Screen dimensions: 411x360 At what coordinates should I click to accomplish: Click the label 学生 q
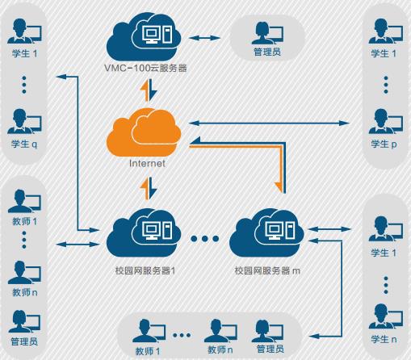(24, 144)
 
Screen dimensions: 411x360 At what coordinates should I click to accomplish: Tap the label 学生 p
(384, 144)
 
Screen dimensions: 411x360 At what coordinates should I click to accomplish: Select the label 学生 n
(384, 339)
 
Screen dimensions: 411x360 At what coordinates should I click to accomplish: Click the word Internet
(147, 163)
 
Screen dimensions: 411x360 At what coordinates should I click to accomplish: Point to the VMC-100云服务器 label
(145, 68)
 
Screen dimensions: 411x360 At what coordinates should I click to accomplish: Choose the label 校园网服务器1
(145, 270)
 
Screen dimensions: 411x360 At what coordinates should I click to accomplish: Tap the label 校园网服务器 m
(267, 270)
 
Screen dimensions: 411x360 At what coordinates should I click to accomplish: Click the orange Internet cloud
(144, 132)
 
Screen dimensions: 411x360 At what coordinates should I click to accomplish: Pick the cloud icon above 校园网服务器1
(144, 233)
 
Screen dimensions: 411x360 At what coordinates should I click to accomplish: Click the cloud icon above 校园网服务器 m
(266, 233)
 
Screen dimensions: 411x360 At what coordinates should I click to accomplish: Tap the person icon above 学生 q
(24, 122)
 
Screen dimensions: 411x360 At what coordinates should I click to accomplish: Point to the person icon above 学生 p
(385, 122)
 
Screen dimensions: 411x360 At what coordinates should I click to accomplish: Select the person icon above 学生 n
(385, 316)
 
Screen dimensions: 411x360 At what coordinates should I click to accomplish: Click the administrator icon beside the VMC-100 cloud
(267, 32)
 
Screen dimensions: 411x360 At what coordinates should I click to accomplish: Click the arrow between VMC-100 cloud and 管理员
(204, 38)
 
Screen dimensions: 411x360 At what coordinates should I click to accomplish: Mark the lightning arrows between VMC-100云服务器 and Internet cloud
(149, 90)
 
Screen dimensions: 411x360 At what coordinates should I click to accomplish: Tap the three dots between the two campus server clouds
(204, 238)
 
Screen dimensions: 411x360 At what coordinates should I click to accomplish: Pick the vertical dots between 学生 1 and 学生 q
(24, 85)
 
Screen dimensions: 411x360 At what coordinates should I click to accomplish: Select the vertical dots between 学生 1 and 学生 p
(386, 85)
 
